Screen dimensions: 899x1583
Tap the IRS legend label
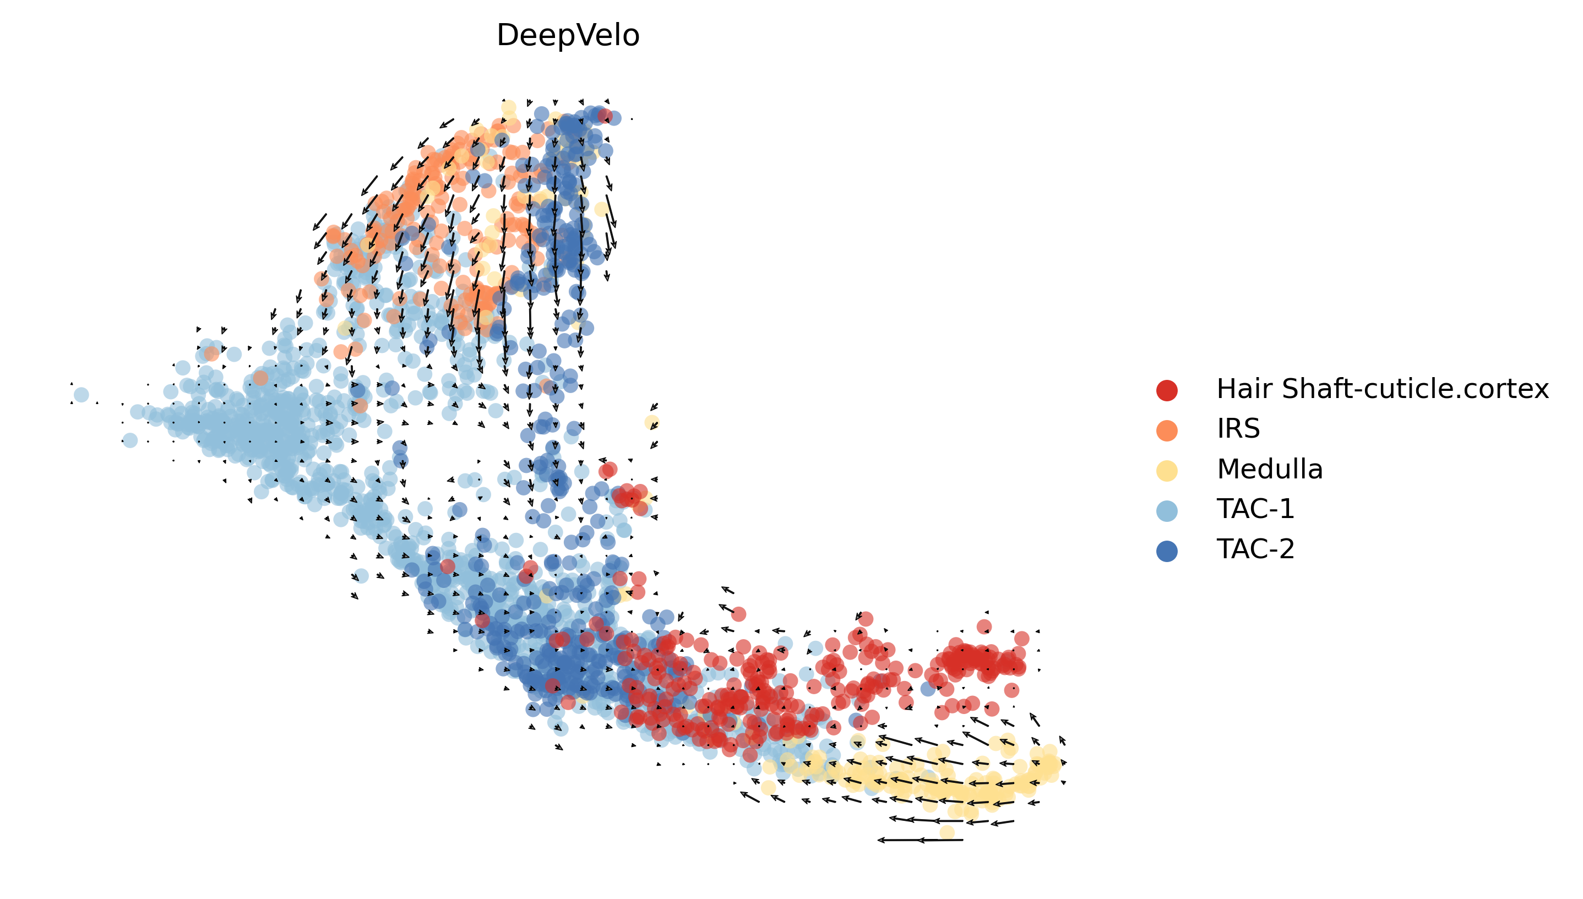1238,428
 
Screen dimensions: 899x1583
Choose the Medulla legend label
1269,469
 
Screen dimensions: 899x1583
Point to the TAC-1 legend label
1254,509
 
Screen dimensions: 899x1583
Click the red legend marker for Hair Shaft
1166,390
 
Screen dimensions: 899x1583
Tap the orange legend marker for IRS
1166,430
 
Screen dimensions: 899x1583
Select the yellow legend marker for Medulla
1166,471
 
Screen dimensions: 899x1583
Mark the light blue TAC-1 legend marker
1166,510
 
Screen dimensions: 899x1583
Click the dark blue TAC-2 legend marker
1166,550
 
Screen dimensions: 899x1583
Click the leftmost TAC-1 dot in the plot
81,395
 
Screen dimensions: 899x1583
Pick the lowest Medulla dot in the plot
946,832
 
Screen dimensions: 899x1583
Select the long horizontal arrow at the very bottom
920,840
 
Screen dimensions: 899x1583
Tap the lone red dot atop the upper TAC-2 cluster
605,116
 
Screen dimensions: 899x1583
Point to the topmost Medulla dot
508,108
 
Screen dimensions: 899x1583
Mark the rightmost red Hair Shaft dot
1021,639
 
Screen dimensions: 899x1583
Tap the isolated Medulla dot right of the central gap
652,422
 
